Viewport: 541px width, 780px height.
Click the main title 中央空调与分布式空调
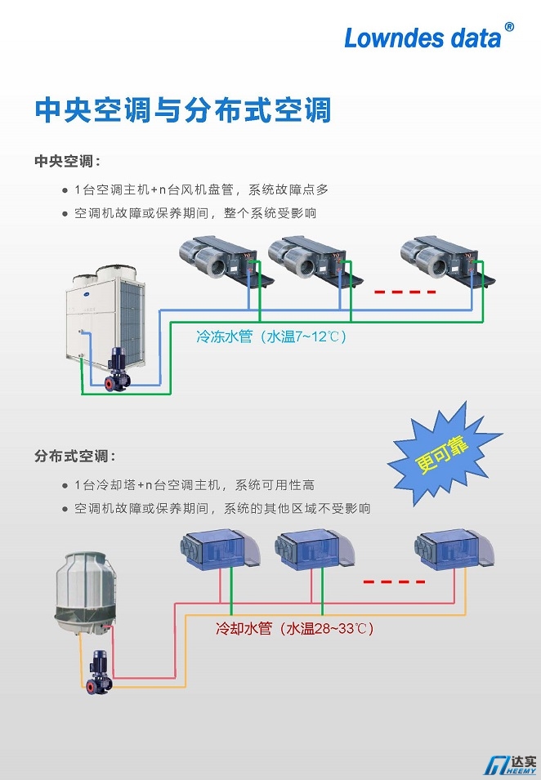coord(182,110)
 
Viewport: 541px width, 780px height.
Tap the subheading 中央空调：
coord(67,161)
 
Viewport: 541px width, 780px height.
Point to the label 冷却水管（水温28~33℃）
coord(294,629)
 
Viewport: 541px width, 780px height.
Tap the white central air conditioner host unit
coord(105,314)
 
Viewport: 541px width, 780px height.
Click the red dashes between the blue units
coord(394,582)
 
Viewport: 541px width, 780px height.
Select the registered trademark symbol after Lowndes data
coord(509,27)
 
